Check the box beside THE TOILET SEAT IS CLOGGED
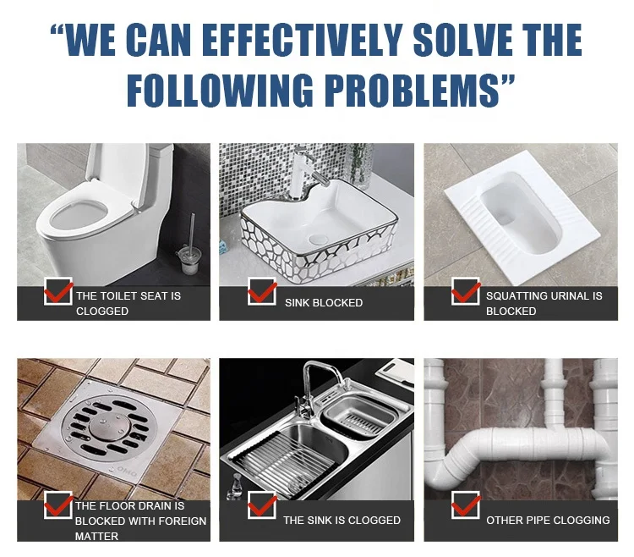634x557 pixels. [x=58, y=292]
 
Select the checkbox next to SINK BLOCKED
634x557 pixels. [x=262, y=292]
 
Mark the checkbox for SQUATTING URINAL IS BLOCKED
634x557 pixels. [x=466, y=292]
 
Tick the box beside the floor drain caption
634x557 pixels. [x=58, y=505]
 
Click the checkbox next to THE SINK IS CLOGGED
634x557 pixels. [x=262, y=507]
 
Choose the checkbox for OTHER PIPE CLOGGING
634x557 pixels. [x=466, y=505]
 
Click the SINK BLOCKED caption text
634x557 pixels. [x=323, y=303]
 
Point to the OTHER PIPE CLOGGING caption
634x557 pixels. [x=547, y=520]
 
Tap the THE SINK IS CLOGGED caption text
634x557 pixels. [x=342, y=520]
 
